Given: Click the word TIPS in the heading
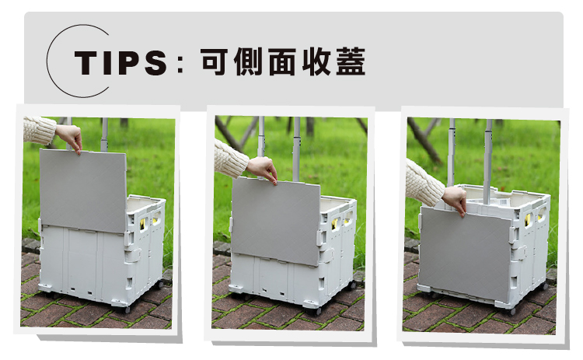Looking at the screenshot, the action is click(120, 62).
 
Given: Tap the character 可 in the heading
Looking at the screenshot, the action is click(215, 62).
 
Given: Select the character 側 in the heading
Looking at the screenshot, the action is click(249, 62).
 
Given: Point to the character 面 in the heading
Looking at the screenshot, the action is click(282, 62).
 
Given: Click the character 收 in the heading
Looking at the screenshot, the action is click(316, 62).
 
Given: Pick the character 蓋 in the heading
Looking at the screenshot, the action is click(351, 62).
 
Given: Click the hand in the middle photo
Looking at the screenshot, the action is click(263, 170).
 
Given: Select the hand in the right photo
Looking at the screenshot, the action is click(455, 200).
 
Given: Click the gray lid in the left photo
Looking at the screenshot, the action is click(83, 190).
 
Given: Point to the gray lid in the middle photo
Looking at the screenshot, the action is click(275, 220).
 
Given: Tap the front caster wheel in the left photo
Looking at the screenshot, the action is click(127, 309).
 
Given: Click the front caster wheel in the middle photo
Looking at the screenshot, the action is click(317, 311).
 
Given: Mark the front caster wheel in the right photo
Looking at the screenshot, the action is click(512, 312).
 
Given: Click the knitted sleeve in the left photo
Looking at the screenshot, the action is click(39, 130).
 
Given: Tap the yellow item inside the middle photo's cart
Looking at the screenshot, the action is click(335, 224).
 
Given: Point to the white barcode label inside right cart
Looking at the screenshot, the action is click(503, 202).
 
